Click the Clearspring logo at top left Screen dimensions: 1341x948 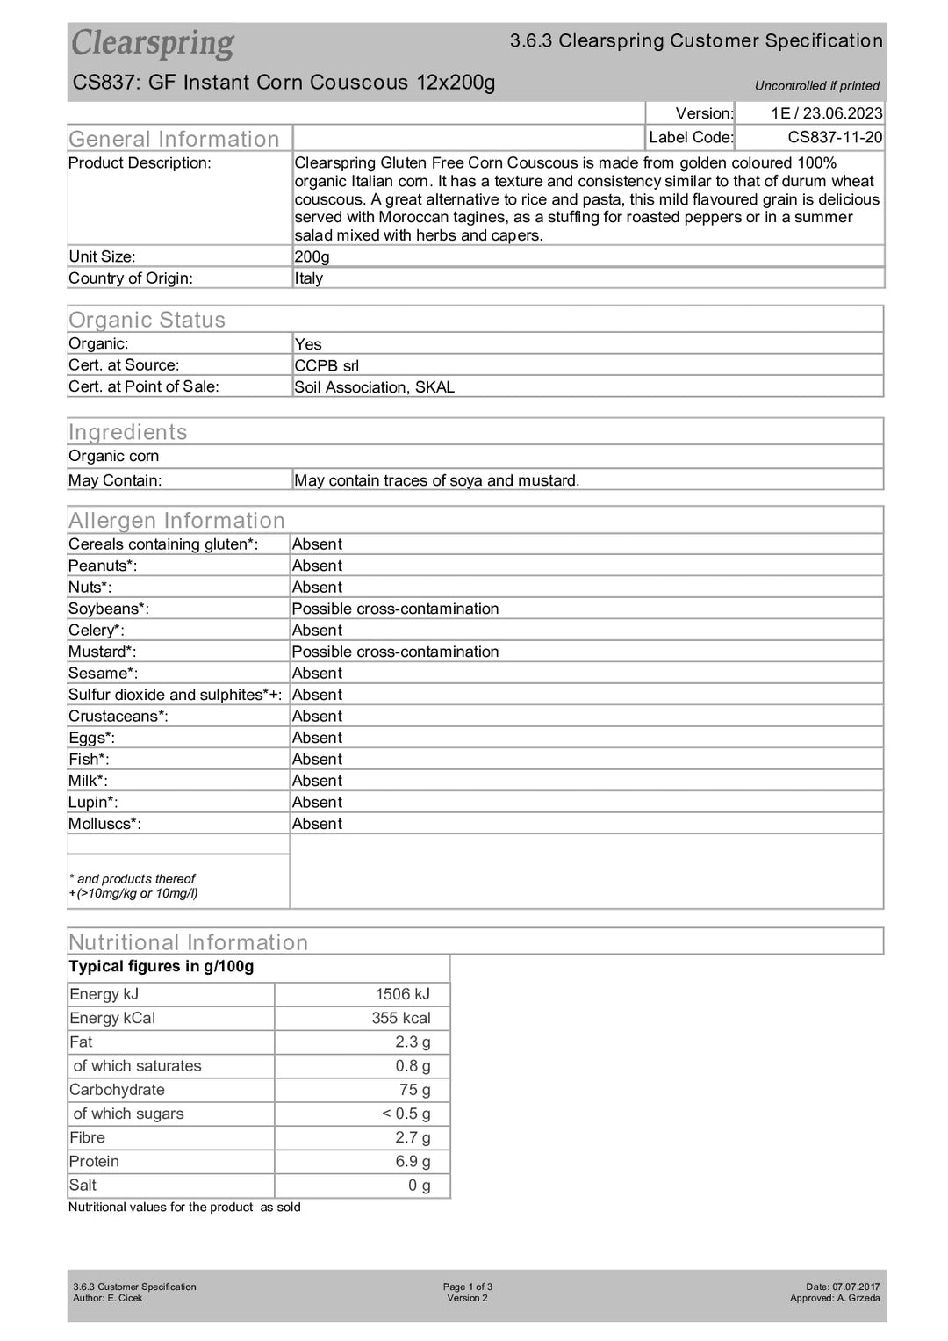pyautogui.click(x=153, y=43)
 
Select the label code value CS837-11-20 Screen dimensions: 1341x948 pyautogui.click(x=835, y=137)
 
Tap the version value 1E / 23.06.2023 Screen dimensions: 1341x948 pyautogui.click(x=826, y=113)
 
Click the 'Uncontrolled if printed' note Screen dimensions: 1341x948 pyautogui.click(x=816, y=86)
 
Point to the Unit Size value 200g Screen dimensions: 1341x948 pyautogui.click(x=312, y=256)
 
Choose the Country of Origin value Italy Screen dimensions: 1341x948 pyautogui.click(x=309, y=278)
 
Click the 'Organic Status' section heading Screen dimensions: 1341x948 pyautogui.click(x=147, y=320)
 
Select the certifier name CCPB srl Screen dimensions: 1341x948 pyautogui.click(x=327, y=365)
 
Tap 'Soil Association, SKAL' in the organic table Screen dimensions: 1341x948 pyautogui.click(x=375, y=387)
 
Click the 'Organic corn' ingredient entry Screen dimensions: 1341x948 pyautogui.click(x=114, y=456)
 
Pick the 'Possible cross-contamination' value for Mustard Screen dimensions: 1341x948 pyautogui.click(x=395, y=652)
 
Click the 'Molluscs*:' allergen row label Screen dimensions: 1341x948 pyautogui.click(x=104, y=824)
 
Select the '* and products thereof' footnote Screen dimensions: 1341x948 pyautogui.click(x=132, y=878)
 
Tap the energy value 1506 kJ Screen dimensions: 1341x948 pyautogui.click(x=402, y=994)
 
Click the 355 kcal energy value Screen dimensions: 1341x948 pyautogui.click(x=400, y=1018)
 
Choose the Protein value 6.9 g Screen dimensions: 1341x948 pyautogui.click(x=413, y=1161)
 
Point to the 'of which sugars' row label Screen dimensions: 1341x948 pyautogui.click(x=128, y=1114)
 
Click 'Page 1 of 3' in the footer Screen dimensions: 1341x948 pyautogui.click(x=467, y=1287)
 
